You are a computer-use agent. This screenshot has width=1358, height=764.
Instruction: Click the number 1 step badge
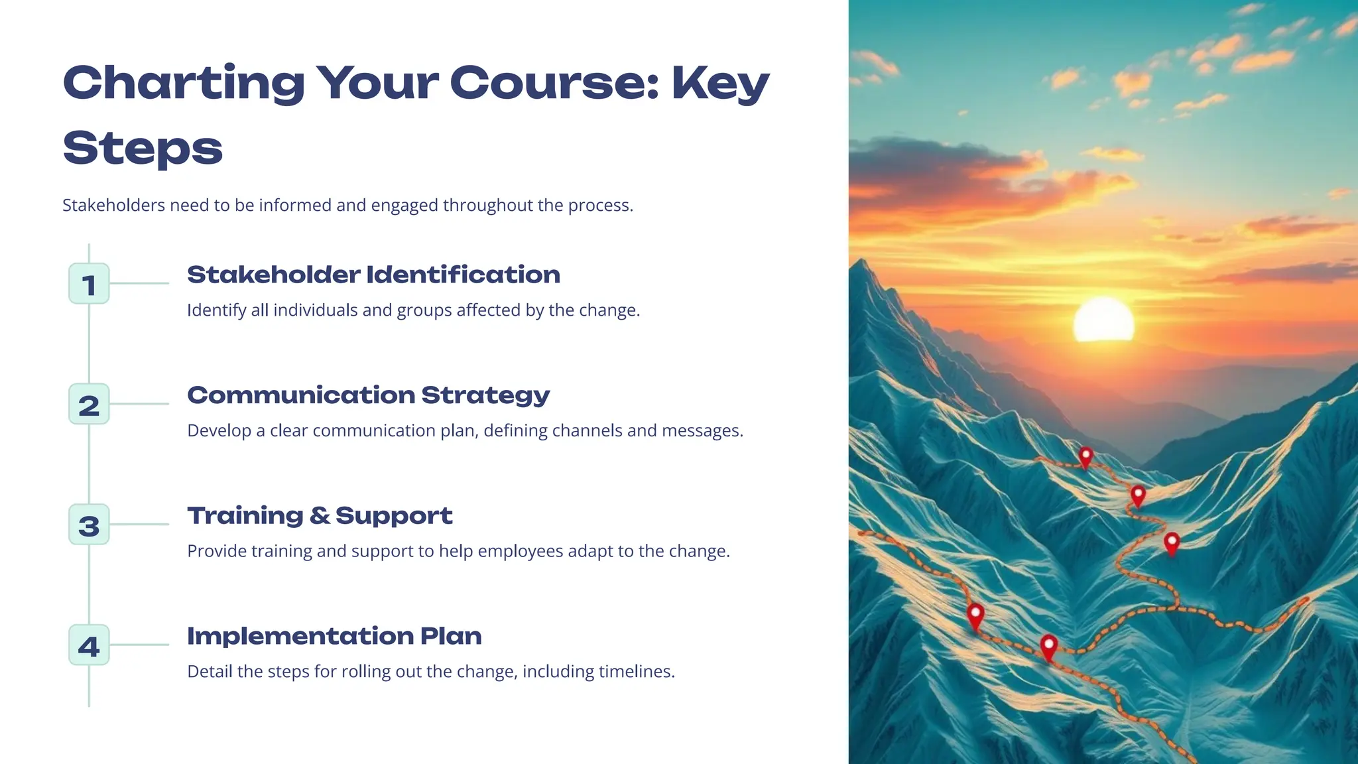pos(89,284)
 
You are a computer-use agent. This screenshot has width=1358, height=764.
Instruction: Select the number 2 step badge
pos(89,405)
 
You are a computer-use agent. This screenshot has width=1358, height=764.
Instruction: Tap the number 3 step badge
pos(89,525)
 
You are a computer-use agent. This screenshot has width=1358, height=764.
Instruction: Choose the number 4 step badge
pos(89,645)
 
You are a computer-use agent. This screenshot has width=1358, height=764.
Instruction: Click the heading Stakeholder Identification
pos(373,275)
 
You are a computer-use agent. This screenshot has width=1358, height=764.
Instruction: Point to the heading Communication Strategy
pos(368,395)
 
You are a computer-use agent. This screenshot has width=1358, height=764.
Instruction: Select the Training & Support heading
pos(320,515)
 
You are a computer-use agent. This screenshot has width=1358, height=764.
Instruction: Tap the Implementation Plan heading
pos(334,636)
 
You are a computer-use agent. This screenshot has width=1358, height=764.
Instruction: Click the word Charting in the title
pos(184,84)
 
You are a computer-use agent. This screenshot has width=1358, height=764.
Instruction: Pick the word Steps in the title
pos(143,148)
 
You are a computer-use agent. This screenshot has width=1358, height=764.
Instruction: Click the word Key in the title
pos(720,84)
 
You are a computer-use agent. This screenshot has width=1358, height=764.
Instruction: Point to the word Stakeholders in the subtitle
pos(113,206)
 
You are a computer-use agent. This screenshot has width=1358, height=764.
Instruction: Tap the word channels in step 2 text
pos(587,431)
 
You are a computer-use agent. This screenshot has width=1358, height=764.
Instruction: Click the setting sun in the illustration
pos(1103,320)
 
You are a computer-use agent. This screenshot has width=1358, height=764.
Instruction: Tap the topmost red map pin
pos(1085,456)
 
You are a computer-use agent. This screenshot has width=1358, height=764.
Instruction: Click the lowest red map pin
pos(1048,646)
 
